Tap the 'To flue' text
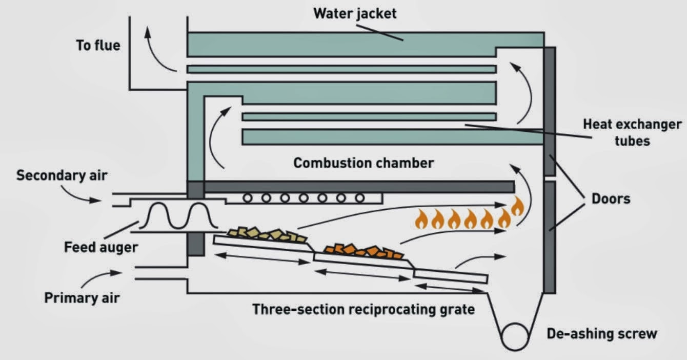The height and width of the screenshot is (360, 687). [x=98, y=45]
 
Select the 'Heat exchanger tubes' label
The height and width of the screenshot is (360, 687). [x=632, y=132]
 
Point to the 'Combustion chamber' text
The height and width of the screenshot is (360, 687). [x=363, y=163]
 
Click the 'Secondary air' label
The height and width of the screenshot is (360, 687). [x=62, y=175]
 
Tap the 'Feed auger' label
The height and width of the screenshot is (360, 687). [x=101, y=247]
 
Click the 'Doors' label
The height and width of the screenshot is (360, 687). [x=611, y=198]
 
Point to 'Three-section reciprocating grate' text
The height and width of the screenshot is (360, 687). [x=363, y=309]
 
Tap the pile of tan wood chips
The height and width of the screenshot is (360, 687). [x=267, y=235]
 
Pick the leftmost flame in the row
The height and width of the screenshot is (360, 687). [x=421, y=220]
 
